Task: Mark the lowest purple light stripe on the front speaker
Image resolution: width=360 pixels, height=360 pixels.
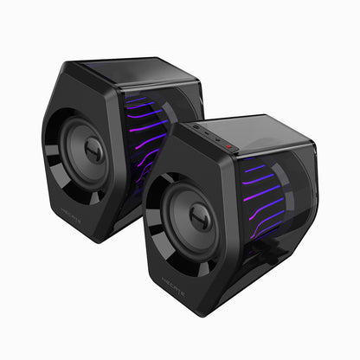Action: coord(264,228)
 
